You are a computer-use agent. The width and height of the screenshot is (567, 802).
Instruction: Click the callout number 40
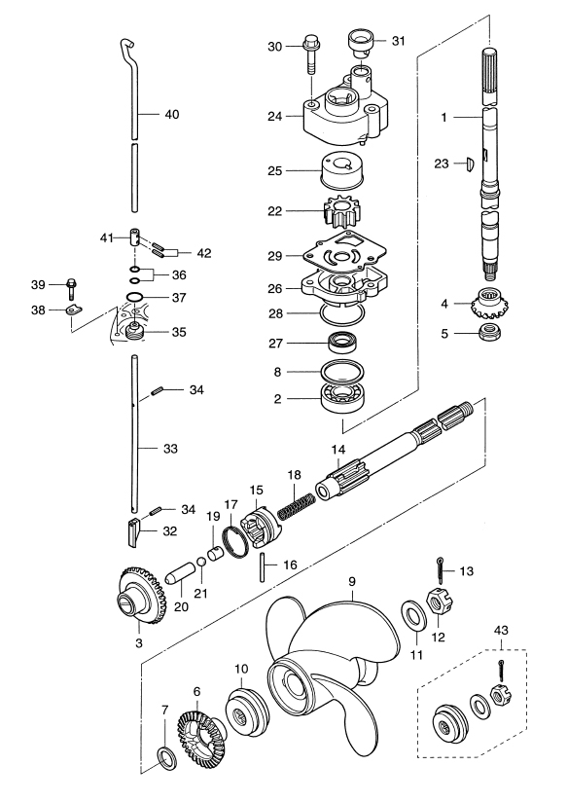tap(172, 114)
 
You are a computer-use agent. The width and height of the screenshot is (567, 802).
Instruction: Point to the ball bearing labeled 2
tap(342, 396)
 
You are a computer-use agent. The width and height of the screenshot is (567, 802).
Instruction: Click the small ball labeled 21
tap(201, 563)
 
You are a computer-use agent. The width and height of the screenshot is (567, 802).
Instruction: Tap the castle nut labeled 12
tap(441, 601)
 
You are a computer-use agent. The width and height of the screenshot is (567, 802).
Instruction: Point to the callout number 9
tap(352, 582)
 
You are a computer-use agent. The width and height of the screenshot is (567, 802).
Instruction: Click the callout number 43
tap(501, 630)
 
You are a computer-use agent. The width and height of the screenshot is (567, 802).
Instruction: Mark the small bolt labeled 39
tap(71, 288)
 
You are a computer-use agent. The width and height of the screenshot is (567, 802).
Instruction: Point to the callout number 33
tap(170, 449)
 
